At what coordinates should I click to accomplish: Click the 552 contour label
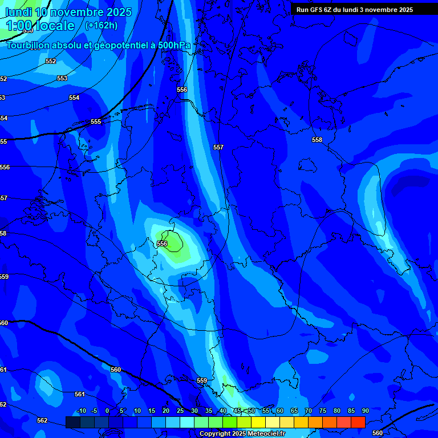point(51,61)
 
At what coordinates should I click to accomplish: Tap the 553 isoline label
point(62,78)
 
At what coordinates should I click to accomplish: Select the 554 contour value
point(74,98)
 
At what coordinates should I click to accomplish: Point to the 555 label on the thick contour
point(96,121)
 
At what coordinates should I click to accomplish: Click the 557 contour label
point(218,147)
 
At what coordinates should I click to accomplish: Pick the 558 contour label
point(317,140)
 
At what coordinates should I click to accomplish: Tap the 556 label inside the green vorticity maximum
point(163,244)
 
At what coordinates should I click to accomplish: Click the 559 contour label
point(202,380)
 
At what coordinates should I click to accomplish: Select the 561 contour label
point(80,394)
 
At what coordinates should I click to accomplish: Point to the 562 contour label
point(42,420)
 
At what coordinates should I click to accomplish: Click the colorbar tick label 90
point(365,411)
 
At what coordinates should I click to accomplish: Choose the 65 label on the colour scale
point(294,411)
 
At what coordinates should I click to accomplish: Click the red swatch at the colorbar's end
point(358,422)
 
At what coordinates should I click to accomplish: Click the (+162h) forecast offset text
point(101,25)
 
